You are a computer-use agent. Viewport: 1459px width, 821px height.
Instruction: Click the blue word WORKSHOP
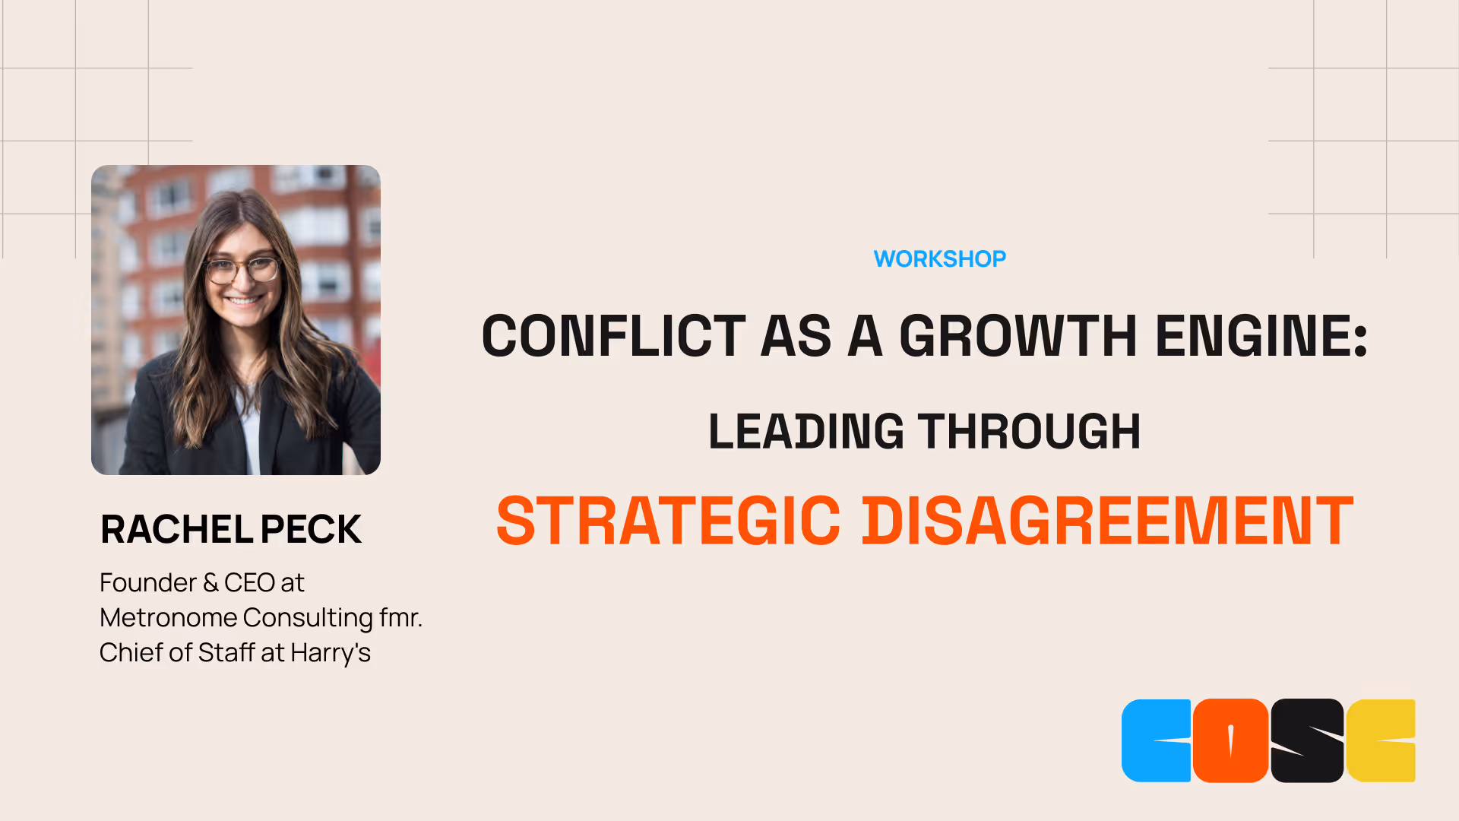click(939, 259)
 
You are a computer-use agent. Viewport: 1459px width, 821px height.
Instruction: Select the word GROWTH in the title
click(1018, 336)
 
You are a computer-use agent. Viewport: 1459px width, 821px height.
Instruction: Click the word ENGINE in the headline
click(1254, 336)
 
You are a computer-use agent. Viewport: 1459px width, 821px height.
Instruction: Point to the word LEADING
click(806, 432)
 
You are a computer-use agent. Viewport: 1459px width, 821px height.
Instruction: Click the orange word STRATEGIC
click(668, 521)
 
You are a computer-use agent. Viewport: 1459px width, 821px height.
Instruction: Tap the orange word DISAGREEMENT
click(1107, 521)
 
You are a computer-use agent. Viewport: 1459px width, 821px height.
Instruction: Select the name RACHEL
click(177, 529)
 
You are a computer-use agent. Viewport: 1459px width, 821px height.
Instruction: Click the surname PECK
click(311, 529)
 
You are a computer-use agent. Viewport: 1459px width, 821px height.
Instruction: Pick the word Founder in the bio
click(148, 583)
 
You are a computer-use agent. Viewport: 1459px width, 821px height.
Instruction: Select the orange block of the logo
click(1230, 740)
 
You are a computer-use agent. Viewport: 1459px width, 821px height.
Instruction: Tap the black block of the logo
click(1307, 740)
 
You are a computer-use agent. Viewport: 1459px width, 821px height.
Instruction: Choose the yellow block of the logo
click(1381, 740)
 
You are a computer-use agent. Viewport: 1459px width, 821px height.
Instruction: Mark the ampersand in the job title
click(210, 583)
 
